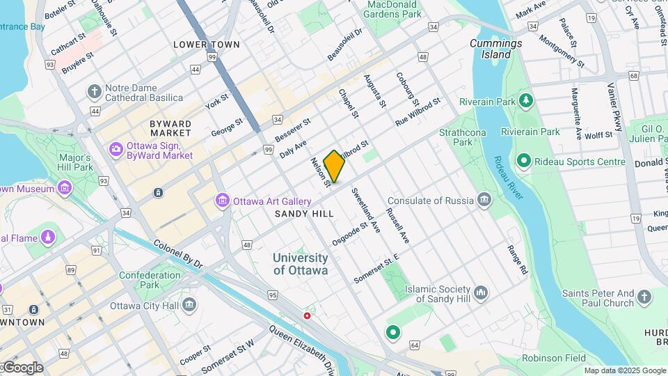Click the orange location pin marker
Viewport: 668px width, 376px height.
pyautogui.click(x=334, y=166)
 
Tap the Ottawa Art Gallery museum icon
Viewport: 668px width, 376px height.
pyautogui.click(x=223, y=201)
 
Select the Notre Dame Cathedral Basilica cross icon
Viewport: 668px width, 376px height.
pyautogui.click(x=95, y=92)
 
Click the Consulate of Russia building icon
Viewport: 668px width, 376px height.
pyautogui.click(x=484, y=201)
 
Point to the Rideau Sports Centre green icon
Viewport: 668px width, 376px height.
pyautogui.click(x=524, y=162)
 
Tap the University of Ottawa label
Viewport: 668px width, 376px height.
pyautogui.click(x=300, y=264)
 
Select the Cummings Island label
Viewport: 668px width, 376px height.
pyautogui.click(x=495, y=48)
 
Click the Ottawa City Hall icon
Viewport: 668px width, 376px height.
pyautogui.click(x=189, y=305)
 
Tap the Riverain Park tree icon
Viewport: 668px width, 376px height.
pyautogui.click(x=527, y=102)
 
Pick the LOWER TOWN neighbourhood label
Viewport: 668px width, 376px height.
pyautogui.click(x=206, y=45)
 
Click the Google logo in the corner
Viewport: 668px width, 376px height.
pyautogui.click(x=22, y=368)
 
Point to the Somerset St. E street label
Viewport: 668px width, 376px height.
pyautogui.click(x=376, y=267)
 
